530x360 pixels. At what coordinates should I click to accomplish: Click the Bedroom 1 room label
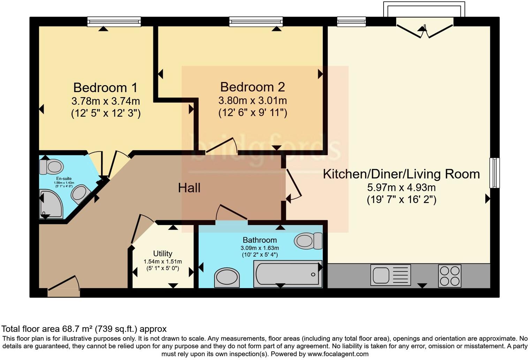point(105,87)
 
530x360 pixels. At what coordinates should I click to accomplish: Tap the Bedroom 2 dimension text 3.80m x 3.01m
point(252,101)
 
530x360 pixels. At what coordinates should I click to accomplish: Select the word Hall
point(189,188)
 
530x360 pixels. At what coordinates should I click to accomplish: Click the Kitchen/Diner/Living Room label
point(401,174)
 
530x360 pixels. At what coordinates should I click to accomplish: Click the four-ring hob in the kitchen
point(449,276)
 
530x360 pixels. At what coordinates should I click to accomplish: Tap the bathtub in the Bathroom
point(287,274)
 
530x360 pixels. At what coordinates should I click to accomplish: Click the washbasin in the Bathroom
point(227,278)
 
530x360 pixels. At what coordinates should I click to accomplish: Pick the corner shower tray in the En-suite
point(51,204)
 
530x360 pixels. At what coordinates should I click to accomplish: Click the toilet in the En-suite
point(51,167)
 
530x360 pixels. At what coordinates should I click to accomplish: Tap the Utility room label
point(162,254)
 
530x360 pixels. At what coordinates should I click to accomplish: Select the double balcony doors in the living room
point(424,30)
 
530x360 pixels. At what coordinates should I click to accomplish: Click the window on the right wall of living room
point(494,173)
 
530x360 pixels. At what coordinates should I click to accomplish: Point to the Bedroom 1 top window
point(114,22)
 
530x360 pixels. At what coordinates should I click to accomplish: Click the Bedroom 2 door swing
point(222,146)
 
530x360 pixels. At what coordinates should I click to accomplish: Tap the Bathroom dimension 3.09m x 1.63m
point(259,248)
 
